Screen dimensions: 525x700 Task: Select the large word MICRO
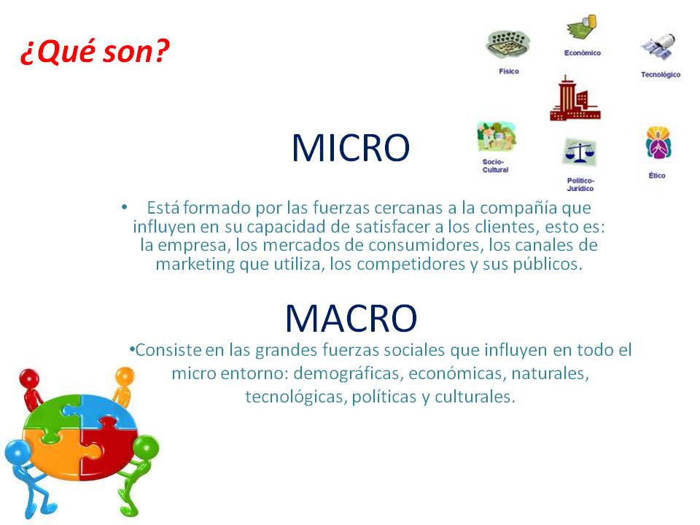pyautogui.click(x=351, y=148)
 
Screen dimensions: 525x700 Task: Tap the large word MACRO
pyautogui.click(x=351, y=317)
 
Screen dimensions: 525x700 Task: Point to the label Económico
pyautogui.click(x=582, y=53)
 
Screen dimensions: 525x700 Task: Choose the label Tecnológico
pyautogui.click(x=660, y=74)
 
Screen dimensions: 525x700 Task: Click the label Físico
pyautogui.click(x=509, y=71)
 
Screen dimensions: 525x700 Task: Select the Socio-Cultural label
pyautogui.click(x=495, y=166)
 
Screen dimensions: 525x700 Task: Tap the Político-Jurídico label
pyautogui.click(x=580, y=184)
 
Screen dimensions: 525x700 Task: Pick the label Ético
pyautogui.click(x=656, y=176)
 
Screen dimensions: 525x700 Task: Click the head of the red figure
pyautogui.click(x=29, y=378)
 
